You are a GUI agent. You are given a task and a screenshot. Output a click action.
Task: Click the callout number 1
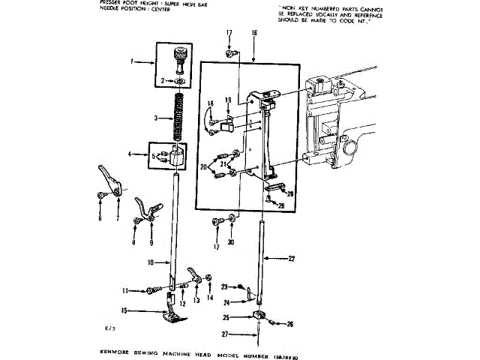pyautogui.click(x=131, y=63)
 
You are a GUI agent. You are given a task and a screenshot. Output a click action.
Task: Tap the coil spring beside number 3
pyautogui.click(x=178, y=116)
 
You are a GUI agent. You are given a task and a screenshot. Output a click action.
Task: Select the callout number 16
pyautogui.click(x=254, y=33)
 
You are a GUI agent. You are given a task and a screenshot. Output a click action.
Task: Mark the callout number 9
pyautogui.click(x=150, y=243)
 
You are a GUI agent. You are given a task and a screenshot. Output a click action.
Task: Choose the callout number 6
pyautogui.click(x=100, y=219)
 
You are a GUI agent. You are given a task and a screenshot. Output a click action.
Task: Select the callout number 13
pyautogui.click(x=197, y=301)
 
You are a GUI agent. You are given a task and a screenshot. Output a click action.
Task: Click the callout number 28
pyautogui.click(x=291, y=193)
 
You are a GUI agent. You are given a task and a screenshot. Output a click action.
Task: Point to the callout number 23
pyautogui.click(x=224, y=286)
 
